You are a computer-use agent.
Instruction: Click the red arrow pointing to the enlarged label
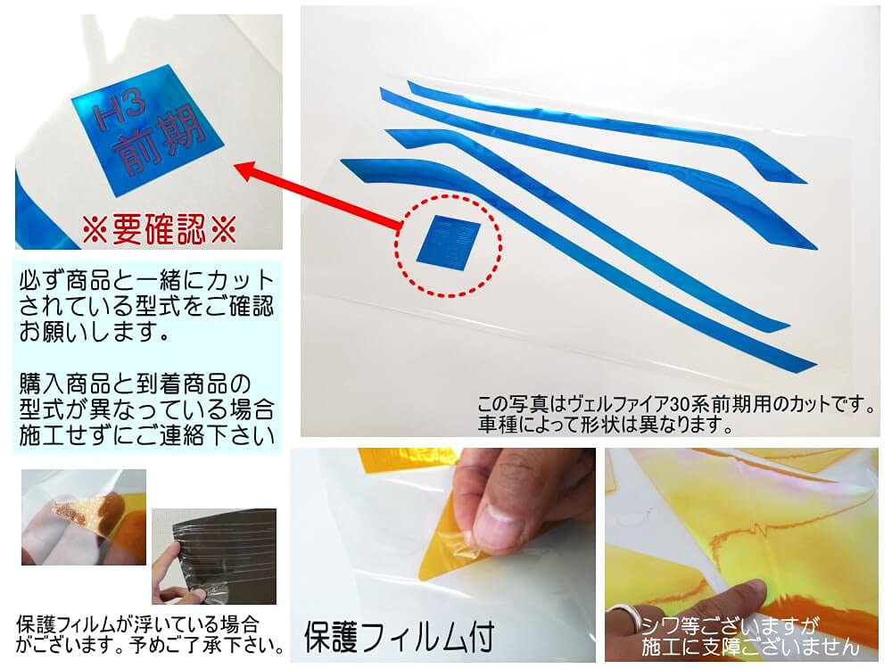coord(321,195)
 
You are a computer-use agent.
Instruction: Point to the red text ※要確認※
coord(159,232)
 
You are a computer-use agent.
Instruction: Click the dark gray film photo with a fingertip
coord(213,557)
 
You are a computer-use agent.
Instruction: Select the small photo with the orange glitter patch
coord(83,517)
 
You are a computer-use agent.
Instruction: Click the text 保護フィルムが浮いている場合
coord(138,623)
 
